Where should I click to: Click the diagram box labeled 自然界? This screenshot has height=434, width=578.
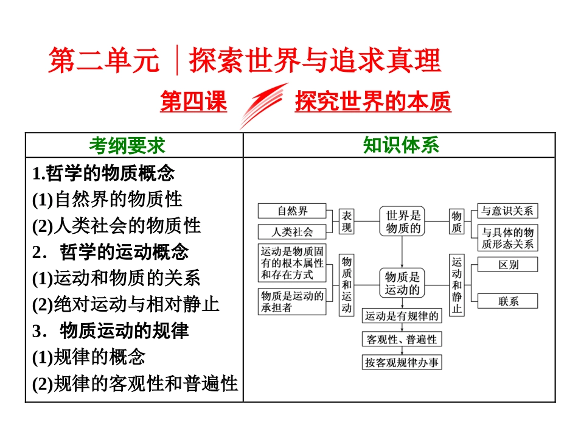[293, 211]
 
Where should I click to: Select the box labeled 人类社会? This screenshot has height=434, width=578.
[293, 232]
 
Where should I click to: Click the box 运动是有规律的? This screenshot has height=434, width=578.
[402, 316]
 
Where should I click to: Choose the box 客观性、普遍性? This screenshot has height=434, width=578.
[402, 339]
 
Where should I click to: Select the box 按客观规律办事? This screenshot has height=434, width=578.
[402, 363]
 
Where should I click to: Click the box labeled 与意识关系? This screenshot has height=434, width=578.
[507, 211]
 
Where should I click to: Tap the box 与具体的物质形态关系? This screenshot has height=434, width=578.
[507, 238]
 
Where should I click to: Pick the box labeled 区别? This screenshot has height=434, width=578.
[507, 264]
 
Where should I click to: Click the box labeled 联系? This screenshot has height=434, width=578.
[507, 301]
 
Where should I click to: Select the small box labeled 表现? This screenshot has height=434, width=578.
[346, 222]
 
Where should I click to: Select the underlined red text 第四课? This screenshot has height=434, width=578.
[193, 102]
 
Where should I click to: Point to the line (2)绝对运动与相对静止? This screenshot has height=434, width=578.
[126, 304]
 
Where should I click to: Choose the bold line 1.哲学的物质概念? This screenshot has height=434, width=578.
[103, 173]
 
